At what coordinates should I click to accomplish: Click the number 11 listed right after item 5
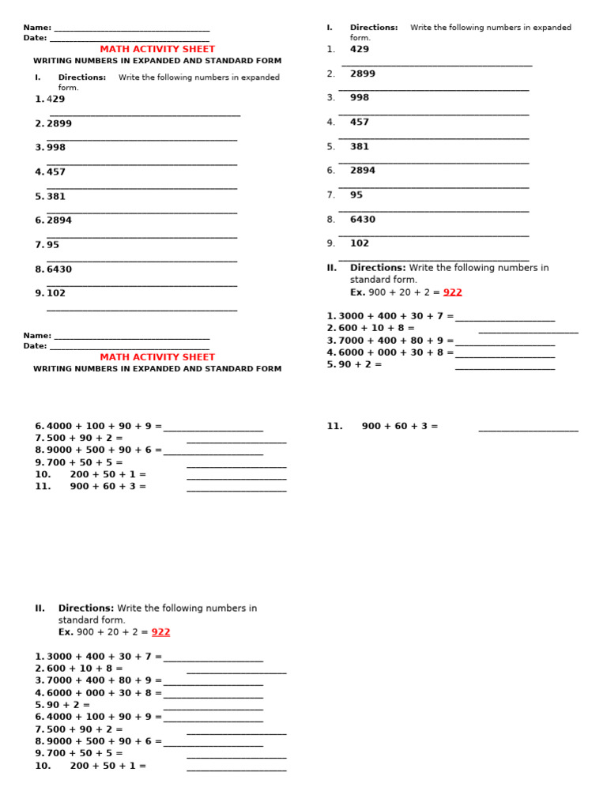click(x=334, y=426)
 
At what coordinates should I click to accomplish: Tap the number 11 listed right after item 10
click(x=43, y=487)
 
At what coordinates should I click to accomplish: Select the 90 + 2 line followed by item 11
click(x=360, y=365)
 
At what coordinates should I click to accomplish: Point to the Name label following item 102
click(x=37, y=336)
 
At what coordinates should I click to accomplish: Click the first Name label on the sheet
click(x=37, y=28)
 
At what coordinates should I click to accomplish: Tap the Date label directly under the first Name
click(x=36, y=38)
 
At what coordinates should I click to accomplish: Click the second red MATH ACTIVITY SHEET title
click(x=157, y=357)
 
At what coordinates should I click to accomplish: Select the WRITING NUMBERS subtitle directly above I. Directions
click(x=157, y=61)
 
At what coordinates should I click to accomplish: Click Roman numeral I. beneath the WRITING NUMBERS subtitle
click(x=37, y=77)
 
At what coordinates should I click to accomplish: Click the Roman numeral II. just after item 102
click(x=332, y=268)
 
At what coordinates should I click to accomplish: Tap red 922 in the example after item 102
click(x=453, y=292)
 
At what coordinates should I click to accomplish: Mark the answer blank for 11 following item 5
click(x=528, y=428)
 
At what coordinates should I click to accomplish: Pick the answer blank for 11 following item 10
click(x=236, y=489)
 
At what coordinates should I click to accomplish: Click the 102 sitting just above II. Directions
click(x=360, y=243)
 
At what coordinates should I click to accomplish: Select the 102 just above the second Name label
click(x=56, y=293)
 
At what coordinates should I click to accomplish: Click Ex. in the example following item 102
click(x=358, y=292)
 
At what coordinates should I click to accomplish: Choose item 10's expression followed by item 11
click(x=107, y=475)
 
